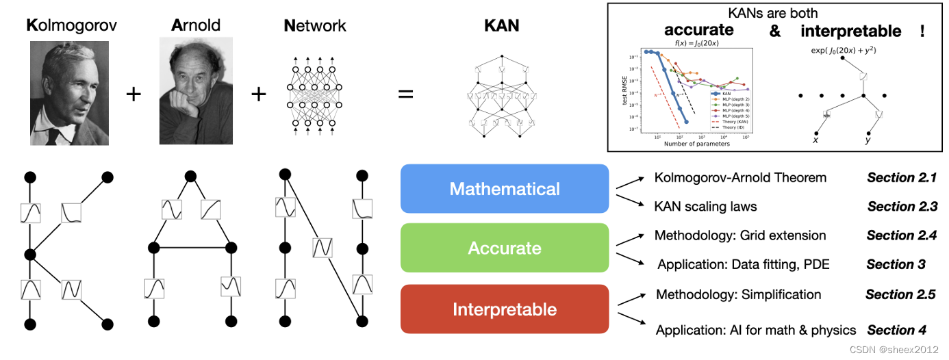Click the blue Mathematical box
(505, 189)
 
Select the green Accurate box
(505, 248)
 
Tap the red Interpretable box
(505, 309)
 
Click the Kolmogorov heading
(71, 26)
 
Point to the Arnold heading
(196, 26)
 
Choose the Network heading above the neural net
(314, 26)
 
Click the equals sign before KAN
(406, 93)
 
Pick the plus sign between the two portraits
(134, 93)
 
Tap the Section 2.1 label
(901, 178)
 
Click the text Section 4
(896, 330)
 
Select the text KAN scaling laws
(705, 206)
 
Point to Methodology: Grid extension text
(740, 235)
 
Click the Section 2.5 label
(900, 294)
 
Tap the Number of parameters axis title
(696, 144)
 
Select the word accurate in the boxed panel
(698, 30)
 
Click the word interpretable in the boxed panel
(850, 31)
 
